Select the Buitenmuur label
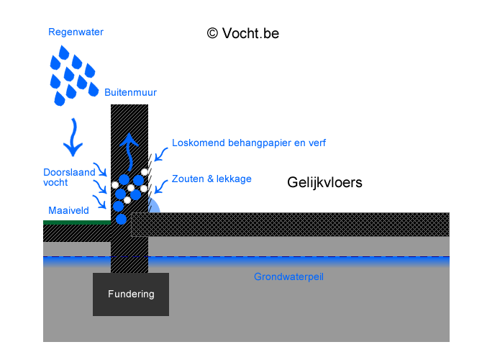pyautogui.click(x=130, y=92)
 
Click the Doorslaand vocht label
pyautogui.click(x=65, y=177)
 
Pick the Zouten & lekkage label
pyautogui.click(x=212, y=179)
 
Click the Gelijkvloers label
pyautogui.click(x=324, y=183)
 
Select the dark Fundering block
pyautogui.click(x=130, y=294)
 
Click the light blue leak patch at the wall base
pyautogui.click(x=153, y=207)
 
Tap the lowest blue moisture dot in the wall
pyautogui.click(x=121, y=219)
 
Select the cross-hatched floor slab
pyautogui.click(x=288, y=225)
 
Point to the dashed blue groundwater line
pyautogui.click(x=288, y=257)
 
